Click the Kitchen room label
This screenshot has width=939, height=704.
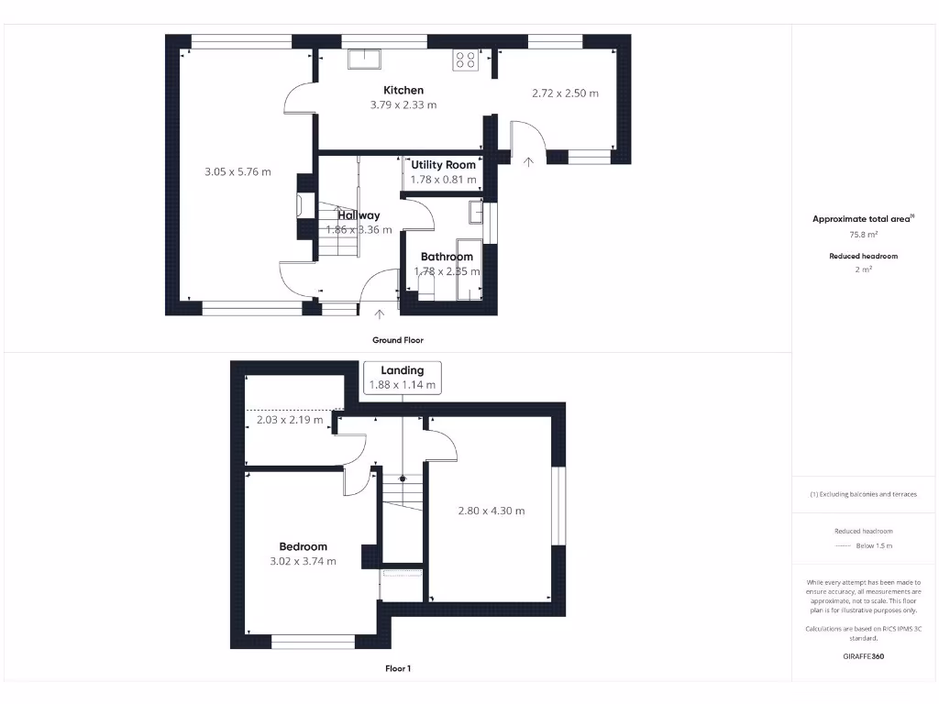[x=403, y=90]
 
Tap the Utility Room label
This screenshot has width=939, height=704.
[x=444, y=165]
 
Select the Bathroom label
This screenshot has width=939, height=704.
[x=447, y=257]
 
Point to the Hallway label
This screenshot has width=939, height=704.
[x=359, y=215]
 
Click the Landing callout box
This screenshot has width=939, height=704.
[x=403, y=377]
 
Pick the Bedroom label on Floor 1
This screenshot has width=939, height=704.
[x=304, y=546]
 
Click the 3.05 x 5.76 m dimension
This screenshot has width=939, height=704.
[x=238, y=171]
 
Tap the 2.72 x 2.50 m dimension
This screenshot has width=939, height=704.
[x=565, y=93]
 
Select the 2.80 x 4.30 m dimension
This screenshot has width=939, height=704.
[x=492, y=511]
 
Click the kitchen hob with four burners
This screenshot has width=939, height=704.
[x=465, y=60]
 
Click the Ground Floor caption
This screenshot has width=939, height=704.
[x=398, y=340]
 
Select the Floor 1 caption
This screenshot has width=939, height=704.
[x=398, y=669]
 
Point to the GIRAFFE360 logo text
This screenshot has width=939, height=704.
[x=863, y=656]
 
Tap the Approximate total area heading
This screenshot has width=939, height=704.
[x=862, y=219]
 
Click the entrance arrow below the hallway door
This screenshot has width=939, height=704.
[x=381, y=314]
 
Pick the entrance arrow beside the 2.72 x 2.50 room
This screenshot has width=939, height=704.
[x=528, y=161]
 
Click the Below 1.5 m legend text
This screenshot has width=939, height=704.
[x=874, y=545]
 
